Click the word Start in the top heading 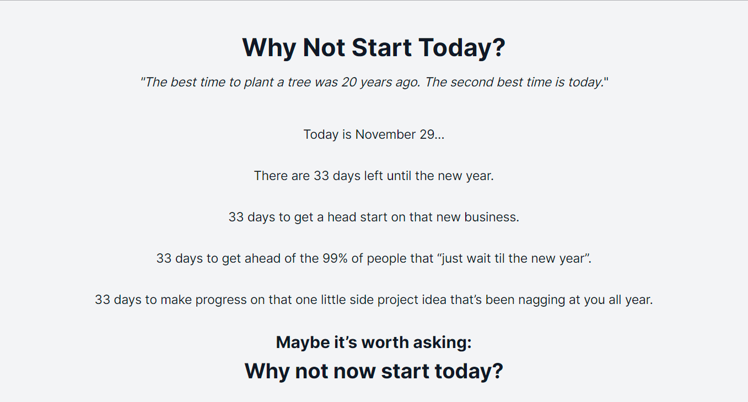click(x=381, y=47)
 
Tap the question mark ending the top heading click(x=498, y=47)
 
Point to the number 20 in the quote click(x=349, y=83)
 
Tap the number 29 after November click(x=427, y=134)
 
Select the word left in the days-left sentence click(x=374, y=176)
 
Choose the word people click(x=388, y=258)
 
